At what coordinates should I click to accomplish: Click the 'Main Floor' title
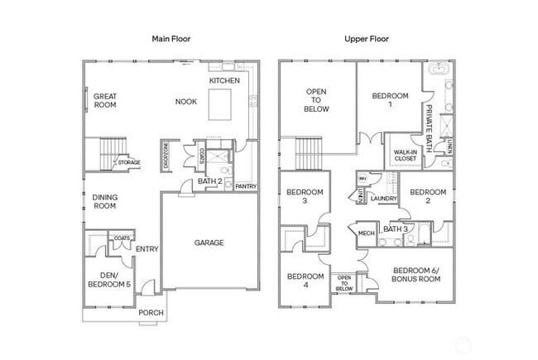[171, 39]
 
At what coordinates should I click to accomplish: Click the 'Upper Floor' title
[366, 39]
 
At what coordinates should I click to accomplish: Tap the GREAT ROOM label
[105, 101]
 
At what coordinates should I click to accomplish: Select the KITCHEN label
[224, 80]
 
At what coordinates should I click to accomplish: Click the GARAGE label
[209, 242]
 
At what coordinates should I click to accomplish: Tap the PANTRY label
[246, 186]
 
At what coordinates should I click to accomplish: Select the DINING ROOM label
[104, 202]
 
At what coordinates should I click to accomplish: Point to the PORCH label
[150, 312]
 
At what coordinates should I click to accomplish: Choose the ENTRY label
[147, 249]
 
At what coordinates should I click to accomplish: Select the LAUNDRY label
[384, 199]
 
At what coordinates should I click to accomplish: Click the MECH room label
[366, 233]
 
